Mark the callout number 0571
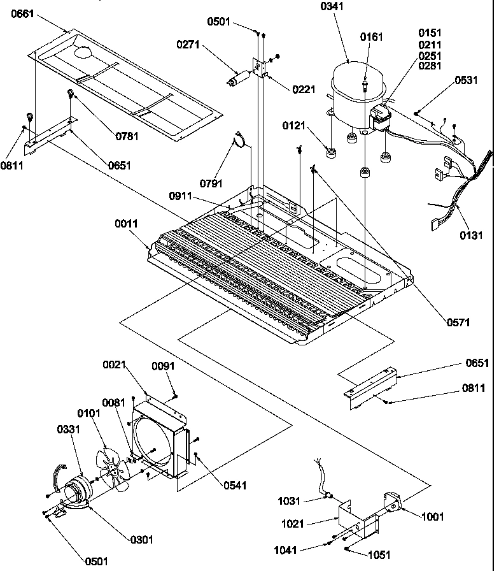pyautogui.click(x=457, y=323)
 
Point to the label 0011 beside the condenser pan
pyautogui.click(x=127, y=223)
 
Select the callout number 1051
pyautogui.click(x=378, y=555)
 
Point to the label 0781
pyautogui.click(x=126, y=135)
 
